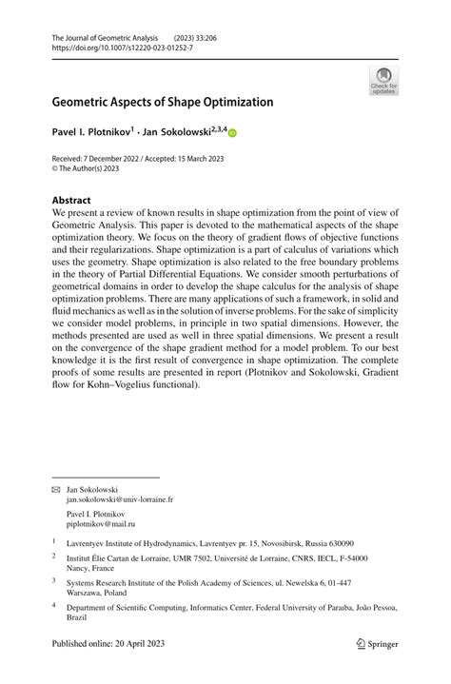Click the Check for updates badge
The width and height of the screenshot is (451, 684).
tap(383, 80)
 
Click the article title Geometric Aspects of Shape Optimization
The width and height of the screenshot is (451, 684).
tap(163, 102)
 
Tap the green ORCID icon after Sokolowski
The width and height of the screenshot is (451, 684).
tap(231, 135)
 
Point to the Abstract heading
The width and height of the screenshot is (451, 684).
tap(71, 201)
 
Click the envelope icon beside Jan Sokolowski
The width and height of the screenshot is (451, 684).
tap(55, 488)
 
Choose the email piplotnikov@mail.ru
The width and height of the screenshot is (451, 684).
tap(102, 524)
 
